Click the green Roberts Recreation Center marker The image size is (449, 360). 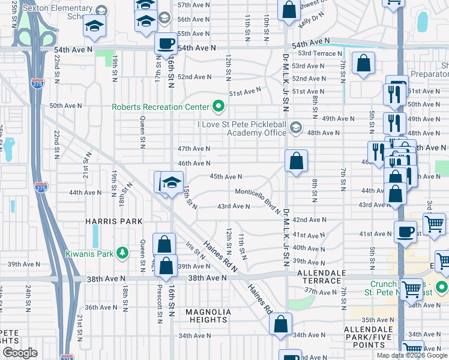point(218,107)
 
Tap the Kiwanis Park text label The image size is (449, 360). point(90,253)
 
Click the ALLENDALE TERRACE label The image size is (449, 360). point(313,278)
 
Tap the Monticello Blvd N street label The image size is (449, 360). point(258,199)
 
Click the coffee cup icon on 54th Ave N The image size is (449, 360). point(166,44)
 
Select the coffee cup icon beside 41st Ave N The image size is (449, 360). point(405,232)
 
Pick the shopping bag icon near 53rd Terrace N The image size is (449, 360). point(364,63)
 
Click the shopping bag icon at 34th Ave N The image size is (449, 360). point(281,324)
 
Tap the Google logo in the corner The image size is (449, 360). point(20,353)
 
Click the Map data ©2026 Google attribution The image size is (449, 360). point(412,355)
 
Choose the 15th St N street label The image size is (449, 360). point(190,198)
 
